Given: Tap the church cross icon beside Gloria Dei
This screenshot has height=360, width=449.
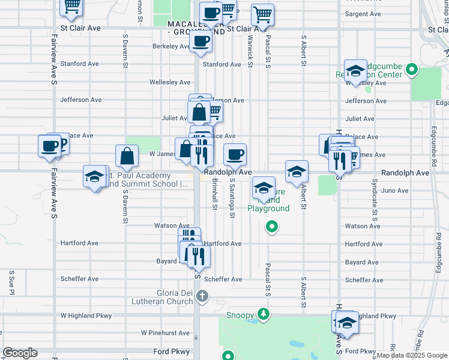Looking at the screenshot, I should (202, 296).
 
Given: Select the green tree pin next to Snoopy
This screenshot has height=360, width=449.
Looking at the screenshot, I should (263, 314).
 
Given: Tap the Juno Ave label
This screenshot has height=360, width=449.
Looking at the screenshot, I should (394, 191).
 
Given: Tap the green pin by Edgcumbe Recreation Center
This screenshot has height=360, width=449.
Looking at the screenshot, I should (411, 70).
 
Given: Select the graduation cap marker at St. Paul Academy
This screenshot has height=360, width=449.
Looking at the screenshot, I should (95, 177).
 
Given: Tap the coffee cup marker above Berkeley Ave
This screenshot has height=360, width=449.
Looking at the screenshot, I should (200, 42).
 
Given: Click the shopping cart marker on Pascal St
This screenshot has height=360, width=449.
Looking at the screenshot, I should (262, 14).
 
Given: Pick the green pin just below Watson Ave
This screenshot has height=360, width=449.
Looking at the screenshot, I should (271, 227).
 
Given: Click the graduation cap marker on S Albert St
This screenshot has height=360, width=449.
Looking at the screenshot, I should (297, 172).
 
